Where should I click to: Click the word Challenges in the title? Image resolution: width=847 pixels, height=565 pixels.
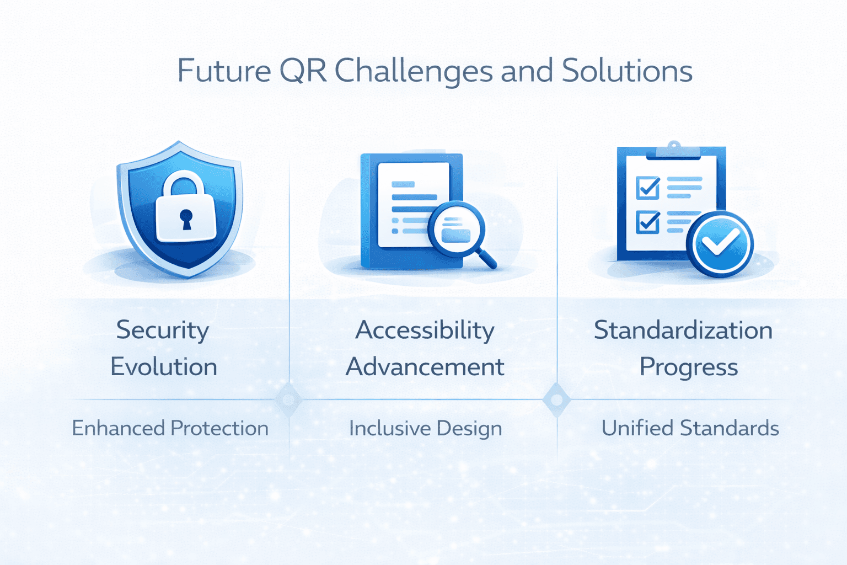coord(414,72)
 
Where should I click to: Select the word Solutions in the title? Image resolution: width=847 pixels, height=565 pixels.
coord(626,72)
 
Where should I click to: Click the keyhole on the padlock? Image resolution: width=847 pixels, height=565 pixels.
coord(186,218)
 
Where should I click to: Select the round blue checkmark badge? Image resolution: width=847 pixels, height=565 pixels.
coord(720,243)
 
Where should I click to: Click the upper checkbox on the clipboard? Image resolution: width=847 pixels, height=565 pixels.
coord(647,188)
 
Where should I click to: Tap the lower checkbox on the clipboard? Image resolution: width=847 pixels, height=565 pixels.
coord(647,222)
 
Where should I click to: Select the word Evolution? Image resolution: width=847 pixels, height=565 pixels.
coord(164,367)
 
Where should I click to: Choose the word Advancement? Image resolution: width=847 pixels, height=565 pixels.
coord(425,367)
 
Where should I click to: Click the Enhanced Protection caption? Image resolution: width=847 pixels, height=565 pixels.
coord(170,428)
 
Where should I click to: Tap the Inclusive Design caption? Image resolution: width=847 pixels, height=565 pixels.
coord(425,429)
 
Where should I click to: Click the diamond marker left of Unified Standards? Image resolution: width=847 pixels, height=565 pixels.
coord(556,399)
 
